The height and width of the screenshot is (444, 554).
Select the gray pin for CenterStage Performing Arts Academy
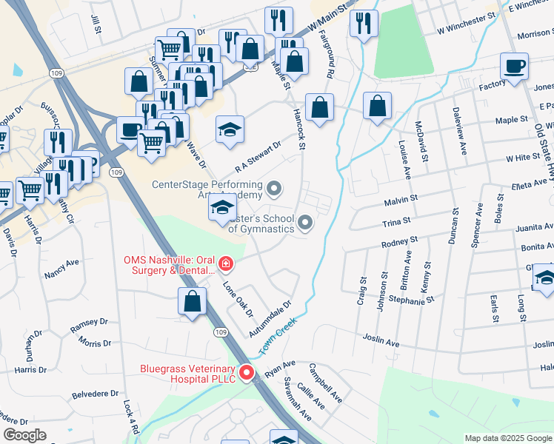pos(274,189)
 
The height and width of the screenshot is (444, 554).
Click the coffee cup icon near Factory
pos(514,67)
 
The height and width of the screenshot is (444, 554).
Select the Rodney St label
pos(400,242)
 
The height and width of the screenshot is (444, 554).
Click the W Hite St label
pos(524,158)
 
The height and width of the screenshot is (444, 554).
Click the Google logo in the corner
pos(24,435)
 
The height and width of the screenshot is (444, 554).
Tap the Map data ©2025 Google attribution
pos(507,438)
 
